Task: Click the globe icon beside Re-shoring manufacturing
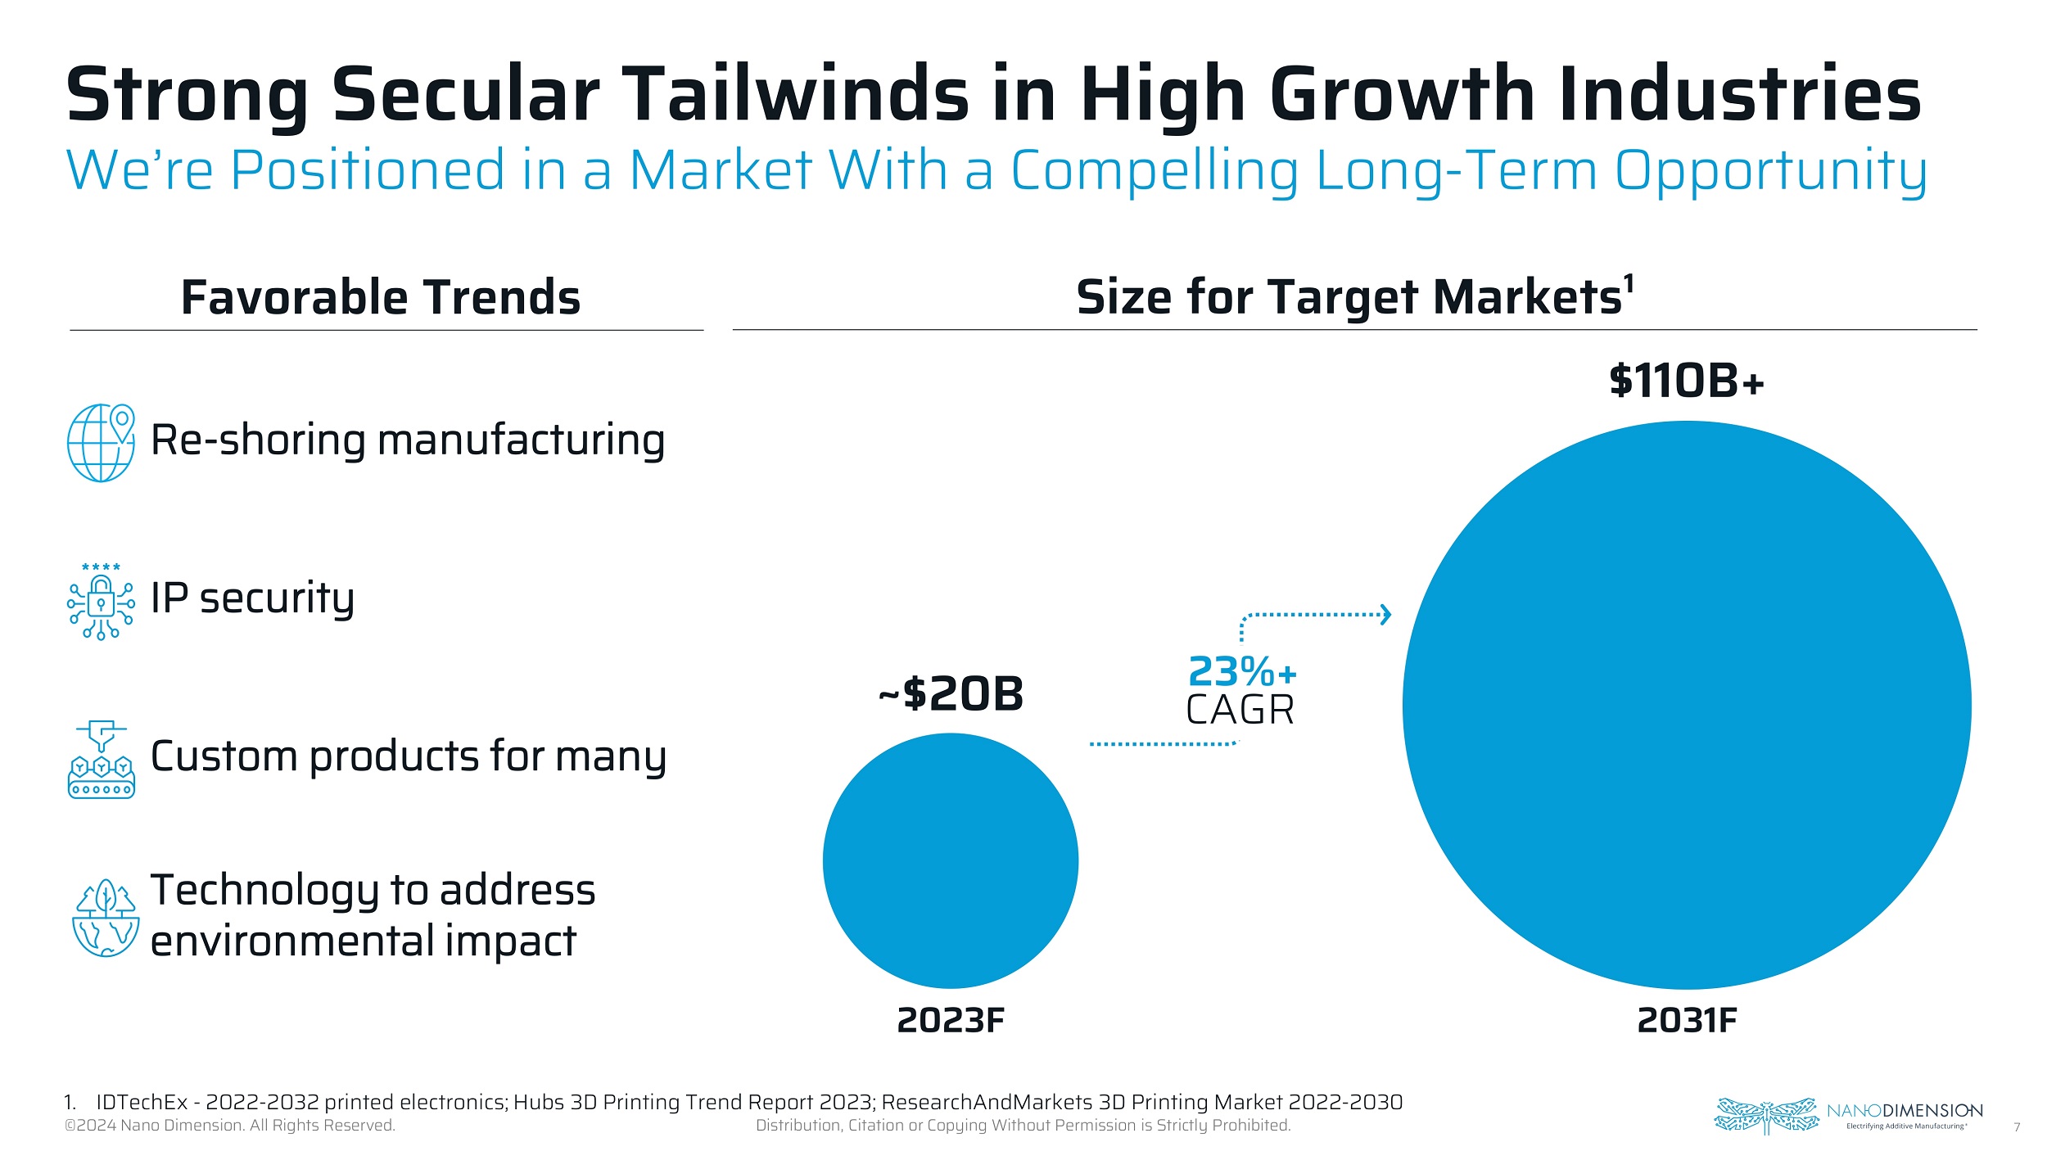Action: point(101,443)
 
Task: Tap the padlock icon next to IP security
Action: point(101,604)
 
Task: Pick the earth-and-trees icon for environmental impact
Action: point(105,918)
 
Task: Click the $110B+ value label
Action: point(1686,381)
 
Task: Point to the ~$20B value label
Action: point(951,694)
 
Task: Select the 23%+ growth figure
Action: point(1241,672)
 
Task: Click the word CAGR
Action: point(1240,710)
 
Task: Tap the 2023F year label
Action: point(951,1020)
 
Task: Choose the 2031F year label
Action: point(1687,1020)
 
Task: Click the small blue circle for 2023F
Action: point(951,860)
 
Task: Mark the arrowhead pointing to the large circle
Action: point(1385,614)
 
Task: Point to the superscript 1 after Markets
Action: point(1629,283)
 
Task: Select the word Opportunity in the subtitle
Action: point(1770,171)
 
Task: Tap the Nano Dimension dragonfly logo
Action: point(1765,1115)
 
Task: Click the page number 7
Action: point(2017,1127)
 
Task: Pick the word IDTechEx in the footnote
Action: point(142,1102)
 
